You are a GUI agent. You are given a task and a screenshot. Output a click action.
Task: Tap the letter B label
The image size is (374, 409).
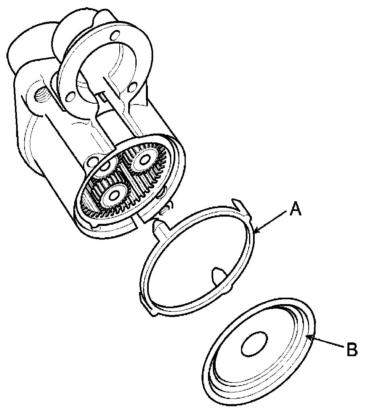pyautogui.click(x=352, y=349)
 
